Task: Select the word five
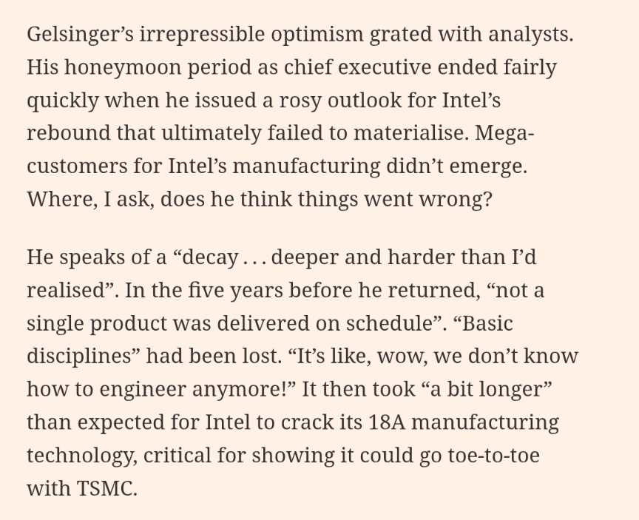(x=197, y=289)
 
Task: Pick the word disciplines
(x=79, y=355)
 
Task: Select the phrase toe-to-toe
(x=493, y=454)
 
